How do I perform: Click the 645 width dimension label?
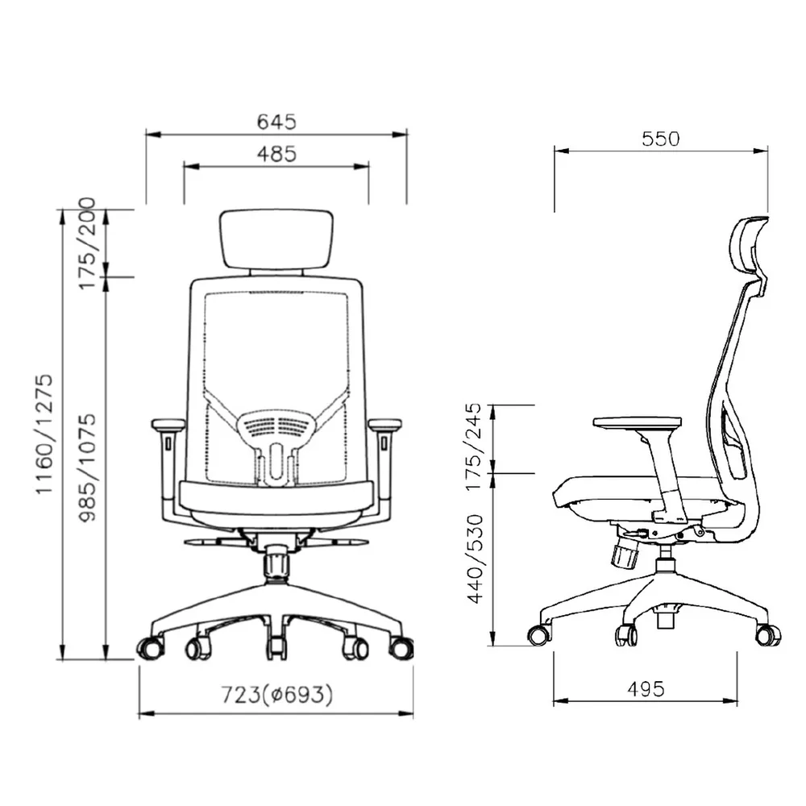276,122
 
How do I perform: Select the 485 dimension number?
276,154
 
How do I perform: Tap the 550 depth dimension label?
661,139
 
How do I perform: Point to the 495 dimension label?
646,689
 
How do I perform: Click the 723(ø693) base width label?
277,695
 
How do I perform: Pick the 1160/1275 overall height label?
44,434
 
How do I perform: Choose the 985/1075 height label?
87,467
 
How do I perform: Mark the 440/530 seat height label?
475,559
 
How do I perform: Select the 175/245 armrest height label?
473,447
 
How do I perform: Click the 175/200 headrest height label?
87,243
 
